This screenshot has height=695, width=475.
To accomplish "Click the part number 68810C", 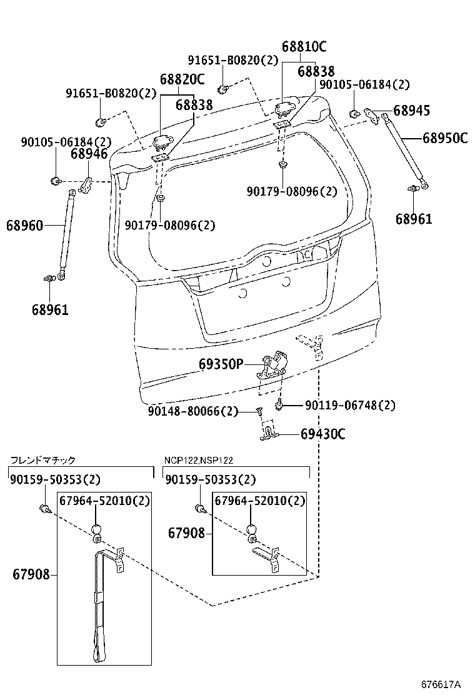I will (304, 47).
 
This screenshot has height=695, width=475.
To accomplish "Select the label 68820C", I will (182, 79).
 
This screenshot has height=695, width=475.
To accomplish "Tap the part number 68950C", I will (445, 138).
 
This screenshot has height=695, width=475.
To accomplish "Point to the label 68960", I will (25, 225).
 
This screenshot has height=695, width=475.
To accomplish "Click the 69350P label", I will (221, 364).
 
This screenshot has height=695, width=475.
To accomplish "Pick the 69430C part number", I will (322, 434).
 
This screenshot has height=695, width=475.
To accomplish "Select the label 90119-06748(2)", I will (350, 406).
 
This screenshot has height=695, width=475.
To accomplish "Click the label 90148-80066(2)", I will (193, 411).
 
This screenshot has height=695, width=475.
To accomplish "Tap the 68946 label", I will (89, 154).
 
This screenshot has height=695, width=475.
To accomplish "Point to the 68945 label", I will (412, 111).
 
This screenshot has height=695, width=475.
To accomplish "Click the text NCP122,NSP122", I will (199, 461).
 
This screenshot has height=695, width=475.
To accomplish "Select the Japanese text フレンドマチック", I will (42, 461).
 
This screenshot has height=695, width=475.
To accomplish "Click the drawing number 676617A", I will (441, 684).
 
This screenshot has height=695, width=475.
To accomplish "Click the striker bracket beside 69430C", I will (269, 432).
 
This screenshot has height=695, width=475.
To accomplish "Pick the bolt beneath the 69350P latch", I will (281, 406).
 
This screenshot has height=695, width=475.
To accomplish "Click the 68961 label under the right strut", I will (413, 219).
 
